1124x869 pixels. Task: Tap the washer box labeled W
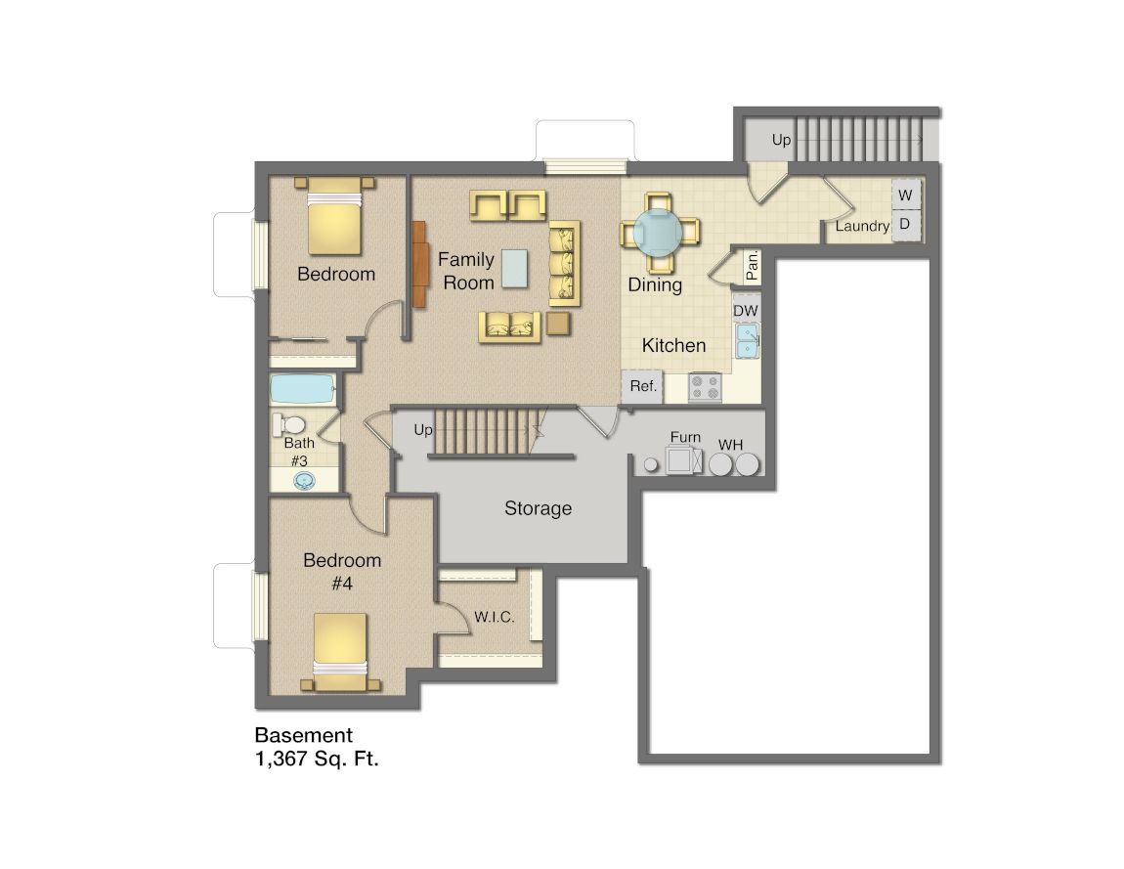tap(905, 195)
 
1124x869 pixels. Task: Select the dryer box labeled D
tap(905, 224)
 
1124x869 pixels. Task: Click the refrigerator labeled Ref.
tap(642, 386)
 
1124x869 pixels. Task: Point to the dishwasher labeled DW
tap(746, 310)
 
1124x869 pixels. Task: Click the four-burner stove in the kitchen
tap(705, 388)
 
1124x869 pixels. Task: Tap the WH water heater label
tap(730, 445)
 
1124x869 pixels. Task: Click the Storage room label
tap(538, 508)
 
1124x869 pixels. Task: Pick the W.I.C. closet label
tap(494, 617)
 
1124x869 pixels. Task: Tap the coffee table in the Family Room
tap(514, 268)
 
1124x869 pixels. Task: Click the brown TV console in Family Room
tap(420, 264)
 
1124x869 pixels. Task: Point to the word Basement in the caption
tap(303, 735)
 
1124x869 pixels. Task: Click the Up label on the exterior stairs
tap(781, 140)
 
